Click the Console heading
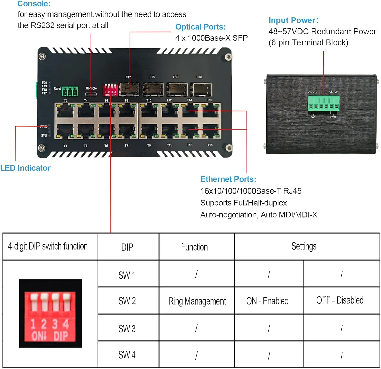tap(34, 4)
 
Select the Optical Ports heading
tap(200, 27)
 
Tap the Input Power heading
tap(293, 20)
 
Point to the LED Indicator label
tap(25, 168)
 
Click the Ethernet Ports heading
tap(228, 179)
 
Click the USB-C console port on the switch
tap(91, 94)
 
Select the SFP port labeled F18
tap(153, 90)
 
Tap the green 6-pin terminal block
tap(324, 104)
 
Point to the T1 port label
tap(65, 146)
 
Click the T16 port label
tap(210, 100)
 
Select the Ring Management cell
tap(197, 301)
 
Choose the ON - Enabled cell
tap(267, 301)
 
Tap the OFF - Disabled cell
tap(340, 300)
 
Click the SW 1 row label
tap(127, 275)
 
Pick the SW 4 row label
tap(127, 355)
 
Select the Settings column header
tap(304, 246)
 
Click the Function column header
tap(194, 247)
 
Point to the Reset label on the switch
tap(57, 88)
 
